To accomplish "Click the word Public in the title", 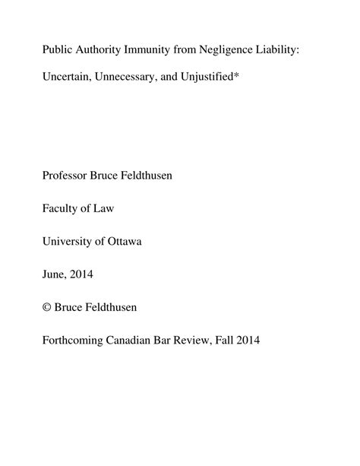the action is tap(58, 49).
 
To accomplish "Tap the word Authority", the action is tap(103, 49).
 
